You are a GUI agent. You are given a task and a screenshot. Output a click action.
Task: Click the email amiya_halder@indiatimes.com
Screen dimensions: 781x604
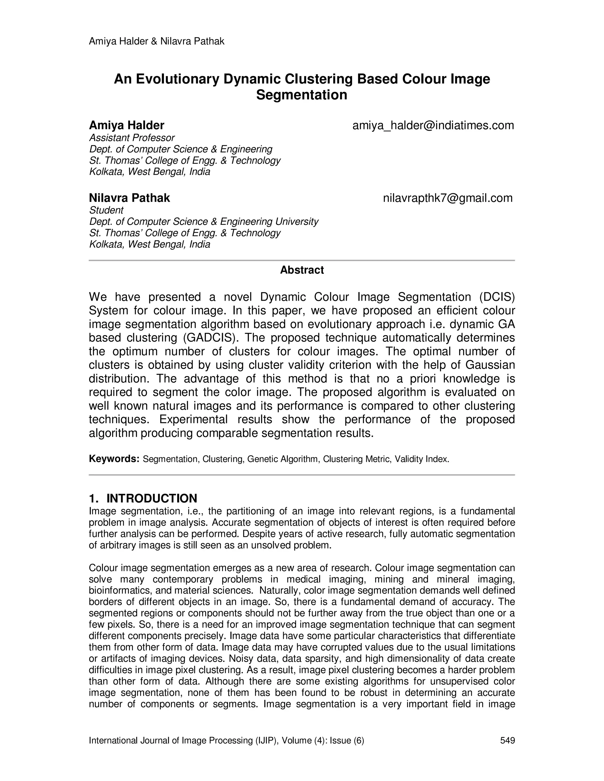pos(433,126)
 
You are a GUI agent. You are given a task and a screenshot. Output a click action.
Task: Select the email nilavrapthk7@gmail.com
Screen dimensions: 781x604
pos(448,198)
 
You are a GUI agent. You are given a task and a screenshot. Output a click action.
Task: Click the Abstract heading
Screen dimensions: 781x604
pos(302,270)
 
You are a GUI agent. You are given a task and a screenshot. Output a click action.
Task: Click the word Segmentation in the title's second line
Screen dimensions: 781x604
pos(302,95)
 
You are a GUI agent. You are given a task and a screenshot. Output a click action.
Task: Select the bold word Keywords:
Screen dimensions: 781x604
pos(114,459)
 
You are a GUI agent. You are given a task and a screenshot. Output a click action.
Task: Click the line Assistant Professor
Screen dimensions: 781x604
pos(132,138)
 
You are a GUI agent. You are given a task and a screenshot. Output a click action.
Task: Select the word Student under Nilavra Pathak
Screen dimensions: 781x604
pos(106,210)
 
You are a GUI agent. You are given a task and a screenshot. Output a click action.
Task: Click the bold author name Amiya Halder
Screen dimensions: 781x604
pos(126,126)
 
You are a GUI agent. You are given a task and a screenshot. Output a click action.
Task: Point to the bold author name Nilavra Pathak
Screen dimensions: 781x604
pos(129,198)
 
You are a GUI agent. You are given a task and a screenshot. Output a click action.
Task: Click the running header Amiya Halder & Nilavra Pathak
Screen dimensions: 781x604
pos(156,42)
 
